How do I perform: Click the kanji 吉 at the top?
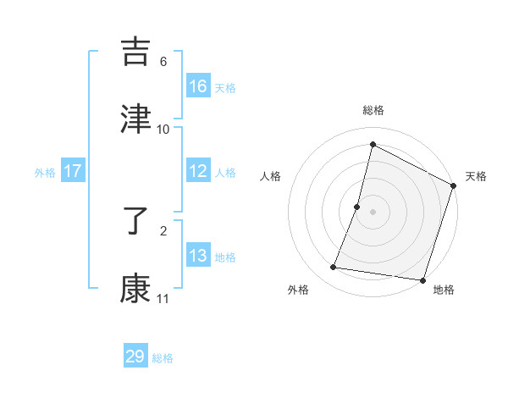(136, 53)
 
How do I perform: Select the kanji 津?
(136, 119)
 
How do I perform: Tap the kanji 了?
(136, 222)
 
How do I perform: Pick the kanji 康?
(136, 289)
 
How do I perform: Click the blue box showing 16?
(197, 86)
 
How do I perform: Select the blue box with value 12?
(197, 171)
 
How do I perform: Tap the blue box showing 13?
(197, 256)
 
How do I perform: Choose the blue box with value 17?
(73, 171)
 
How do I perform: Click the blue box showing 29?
(135, 357)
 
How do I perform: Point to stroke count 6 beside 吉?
(163, 62)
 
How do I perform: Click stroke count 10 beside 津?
(163, 129)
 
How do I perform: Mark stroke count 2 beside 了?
(163, 230)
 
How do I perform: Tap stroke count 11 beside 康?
(163, 298)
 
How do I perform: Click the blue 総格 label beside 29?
(163, 358)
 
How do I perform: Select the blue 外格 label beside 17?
(45, 172)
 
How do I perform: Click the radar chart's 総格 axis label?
(373, 111)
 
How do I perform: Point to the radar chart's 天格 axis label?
(477, 176)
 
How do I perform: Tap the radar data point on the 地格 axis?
(422, 279)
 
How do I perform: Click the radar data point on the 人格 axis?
(357, 207)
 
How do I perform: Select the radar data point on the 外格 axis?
(334, 268)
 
